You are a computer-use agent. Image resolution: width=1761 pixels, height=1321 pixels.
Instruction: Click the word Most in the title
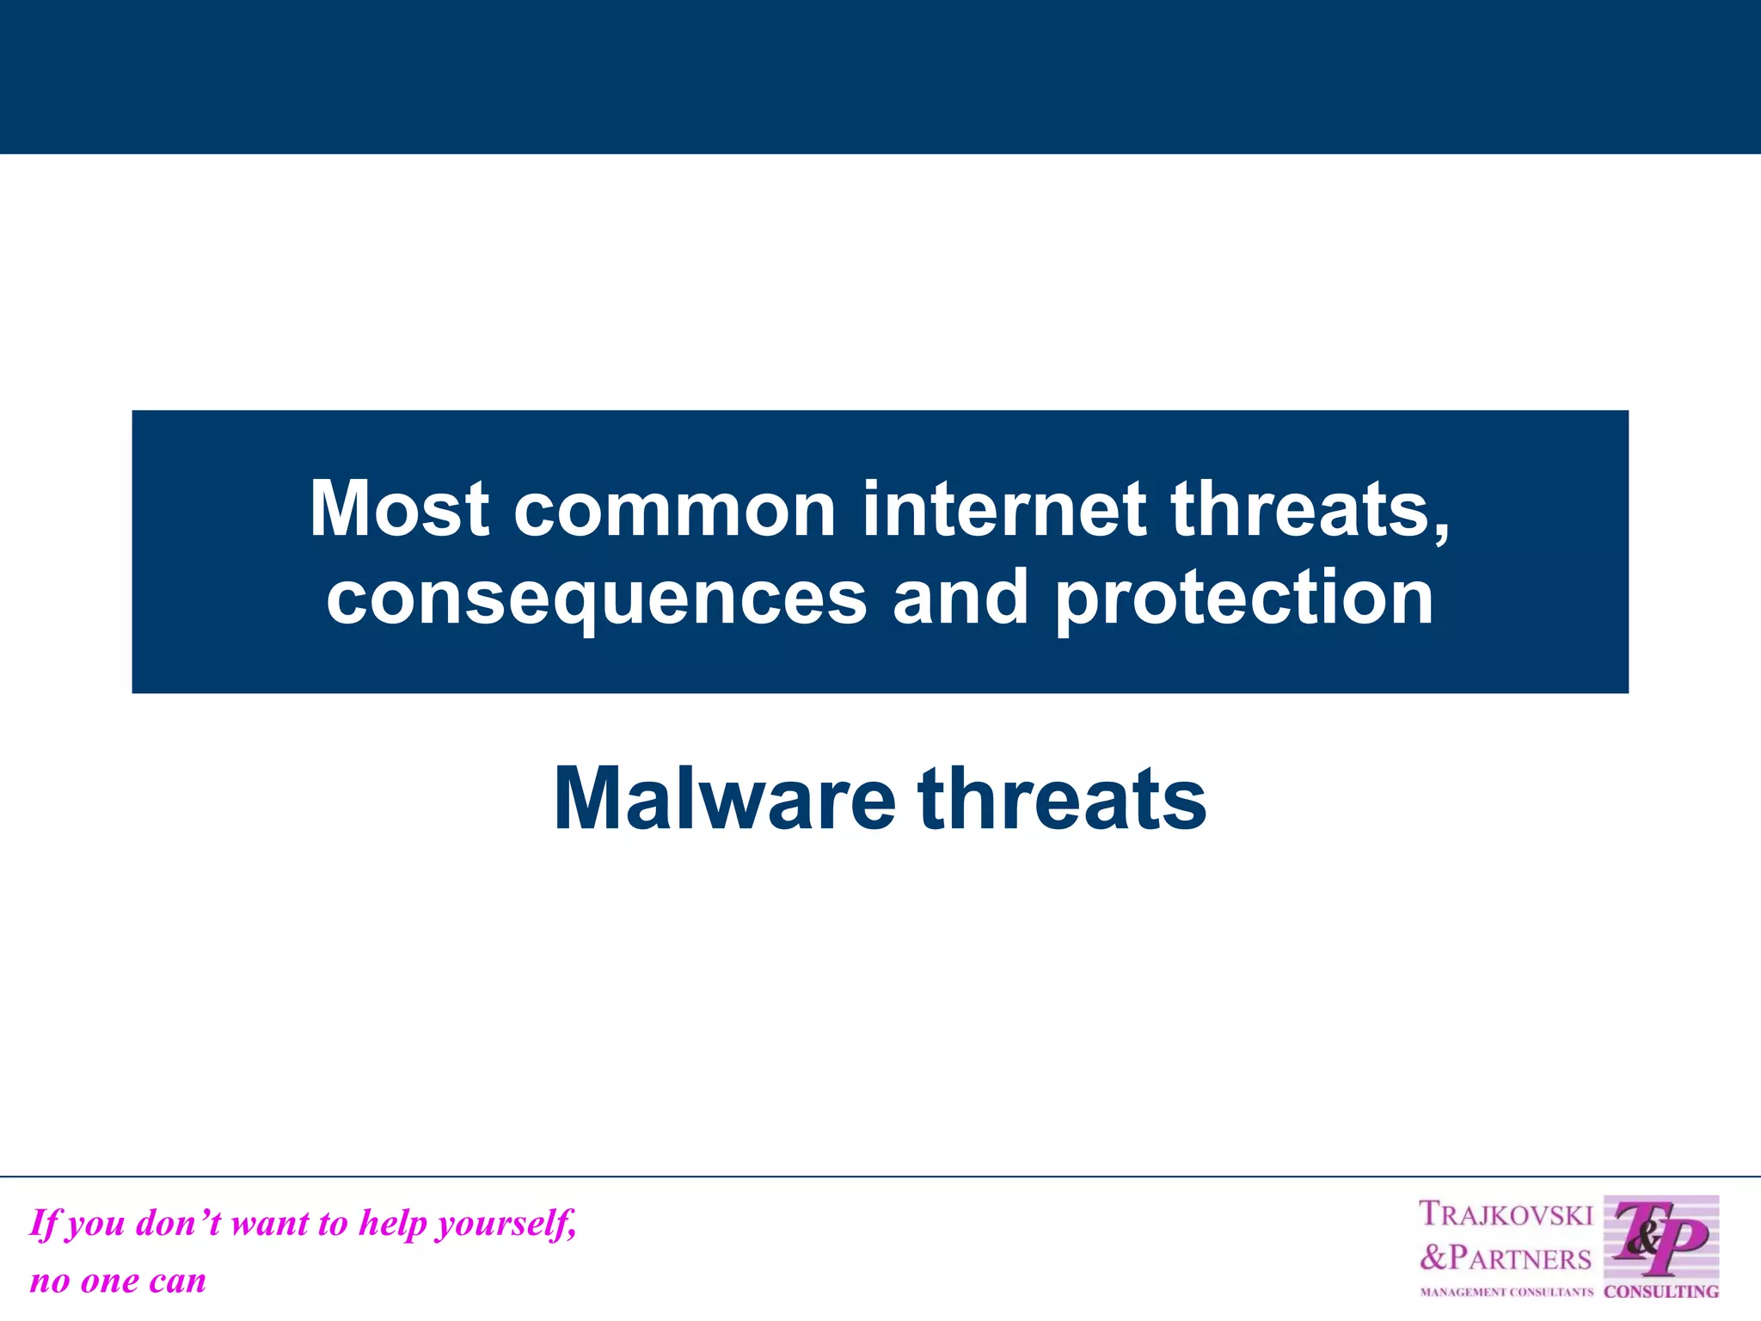399,509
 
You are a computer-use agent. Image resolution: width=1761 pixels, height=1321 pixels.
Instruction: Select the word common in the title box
675,509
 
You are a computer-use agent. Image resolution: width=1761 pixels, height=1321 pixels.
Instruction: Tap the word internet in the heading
1003,509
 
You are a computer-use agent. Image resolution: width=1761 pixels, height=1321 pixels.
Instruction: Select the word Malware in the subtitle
725,799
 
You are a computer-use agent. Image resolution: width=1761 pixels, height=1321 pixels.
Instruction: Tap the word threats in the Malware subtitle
1062,799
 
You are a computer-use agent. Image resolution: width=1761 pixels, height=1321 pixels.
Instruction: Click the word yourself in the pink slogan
506,1224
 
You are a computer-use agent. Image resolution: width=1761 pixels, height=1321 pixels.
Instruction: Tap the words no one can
118,1281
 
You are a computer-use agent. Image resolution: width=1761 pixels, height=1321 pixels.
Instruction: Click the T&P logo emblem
1661,1238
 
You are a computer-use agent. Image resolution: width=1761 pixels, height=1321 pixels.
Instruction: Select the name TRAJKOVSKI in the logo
1506,1214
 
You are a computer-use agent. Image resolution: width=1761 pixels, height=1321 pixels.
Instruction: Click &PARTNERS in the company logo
1506,1258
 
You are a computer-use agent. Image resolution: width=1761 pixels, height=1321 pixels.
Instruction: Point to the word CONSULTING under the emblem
1661,1291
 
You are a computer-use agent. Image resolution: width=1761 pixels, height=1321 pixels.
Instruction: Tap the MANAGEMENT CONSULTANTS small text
1506,1292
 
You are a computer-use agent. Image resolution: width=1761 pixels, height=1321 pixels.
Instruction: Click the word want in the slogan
271,1224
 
